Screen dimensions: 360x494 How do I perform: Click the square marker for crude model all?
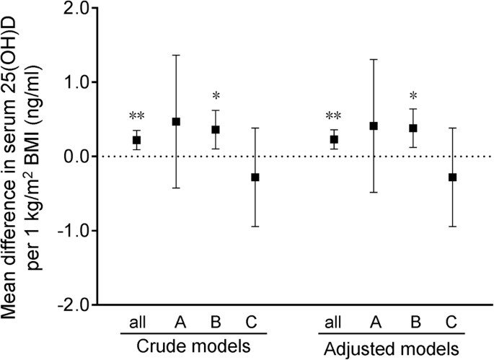(136, 140)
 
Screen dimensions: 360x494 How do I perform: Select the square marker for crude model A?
(176, 121)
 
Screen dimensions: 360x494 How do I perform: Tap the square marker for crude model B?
(215, 130)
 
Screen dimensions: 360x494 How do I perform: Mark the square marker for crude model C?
(255, 177)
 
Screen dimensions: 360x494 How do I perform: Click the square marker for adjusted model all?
(334, 139)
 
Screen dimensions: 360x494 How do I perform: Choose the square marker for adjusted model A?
(374, 126)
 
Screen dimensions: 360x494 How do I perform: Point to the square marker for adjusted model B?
(413, 128)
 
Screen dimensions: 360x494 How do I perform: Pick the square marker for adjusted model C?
(452, 177)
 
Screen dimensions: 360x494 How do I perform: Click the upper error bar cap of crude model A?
(176, 55)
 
